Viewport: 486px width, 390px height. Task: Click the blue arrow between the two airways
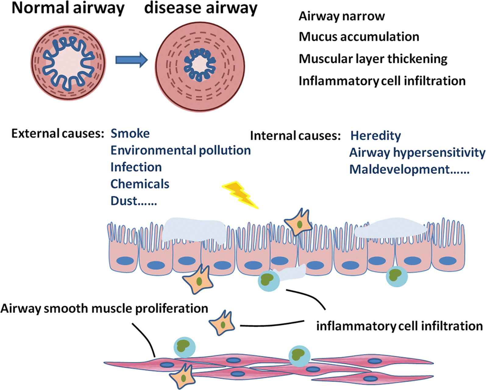131,60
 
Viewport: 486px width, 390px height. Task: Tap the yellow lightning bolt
240,194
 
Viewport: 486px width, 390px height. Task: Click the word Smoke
130,133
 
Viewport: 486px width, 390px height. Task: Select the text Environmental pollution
180,150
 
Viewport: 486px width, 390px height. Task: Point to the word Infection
136,167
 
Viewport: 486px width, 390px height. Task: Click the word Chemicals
140,184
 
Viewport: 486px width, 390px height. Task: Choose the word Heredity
375,135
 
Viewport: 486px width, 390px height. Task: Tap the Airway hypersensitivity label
417,152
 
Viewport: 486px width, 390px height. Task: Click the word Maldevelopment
399,169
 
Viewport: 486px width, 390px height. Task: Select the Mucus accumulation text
359,37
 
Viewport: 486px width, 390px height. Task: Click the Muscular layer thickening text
373,59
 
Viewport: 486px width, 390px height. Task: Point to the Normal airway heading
68,8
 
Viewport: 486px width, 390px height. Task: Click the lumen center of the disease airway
200,65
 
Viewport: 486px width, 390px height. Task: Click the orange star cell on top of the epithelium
298,223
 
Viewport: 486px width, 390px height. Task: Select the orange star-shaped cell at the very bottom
182,377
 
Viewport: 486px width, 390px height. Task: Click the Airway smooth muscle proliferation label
104,308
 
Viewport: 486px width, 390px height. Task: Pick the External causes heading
58,134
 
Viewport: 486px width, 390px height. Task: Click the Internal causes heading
295,136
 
